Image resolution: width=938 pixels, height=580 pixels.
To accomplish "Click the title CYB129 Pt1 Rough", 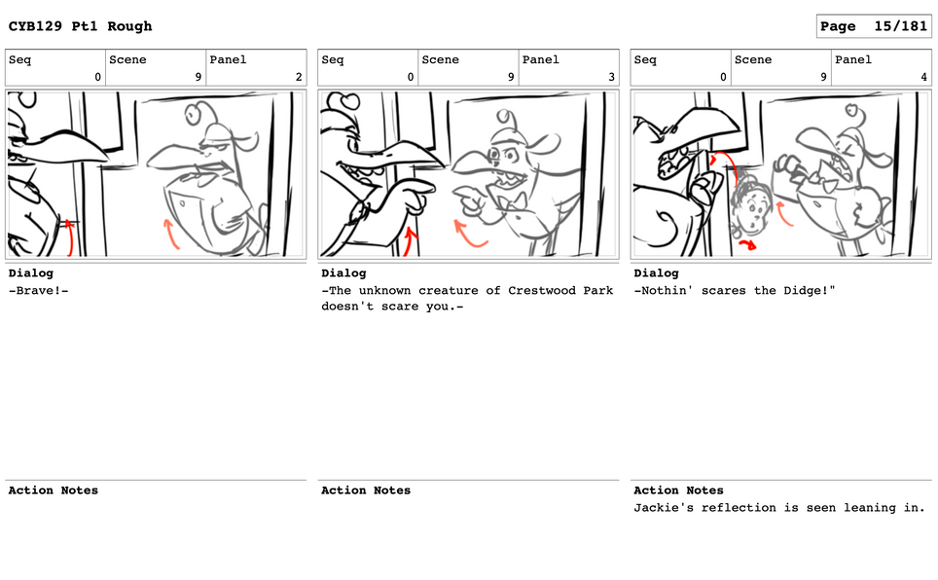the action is click(x=80, y=26).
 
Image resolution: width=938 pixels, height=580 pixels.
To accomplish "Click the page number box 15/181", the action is click(x=874, y=26).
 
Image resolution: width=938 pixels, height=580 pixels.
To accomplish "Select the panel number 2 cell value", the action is click(x=299, y=77).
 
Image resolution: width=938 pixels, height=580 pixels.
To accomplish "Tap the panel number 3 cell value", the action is click(x=611, y=77).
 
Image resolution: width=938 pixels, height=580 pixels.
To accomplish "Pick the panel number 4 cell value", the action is click(x=923, y=77).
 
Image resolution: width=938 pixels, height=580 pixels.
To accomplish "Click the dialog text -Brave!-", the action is click(x=38, y=290).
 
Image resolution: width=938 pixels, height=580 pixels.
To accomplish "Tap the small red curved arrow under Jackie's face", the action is click(x=747, y=243).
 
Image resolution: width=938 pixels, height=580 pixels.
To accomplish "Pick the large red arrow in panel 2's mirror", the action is click(x=170, y=234).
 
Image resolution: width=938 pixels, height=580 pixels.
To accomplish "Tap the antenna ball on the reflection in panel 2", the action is click(x=193, y=113).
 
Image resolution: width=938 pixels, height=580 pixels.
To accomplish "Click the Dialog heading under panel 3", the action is click(x=343, y=272).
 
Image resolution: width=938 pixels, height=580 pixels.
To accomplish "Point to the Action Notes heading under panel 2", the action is click(x=54, y=490).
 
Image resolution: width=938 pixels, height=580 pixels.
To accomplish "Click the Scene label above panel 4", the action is click(x=753, y=59).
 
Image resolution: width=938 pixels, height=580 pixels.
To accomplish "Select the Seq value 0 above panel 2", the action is click(x=98, y=77).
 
